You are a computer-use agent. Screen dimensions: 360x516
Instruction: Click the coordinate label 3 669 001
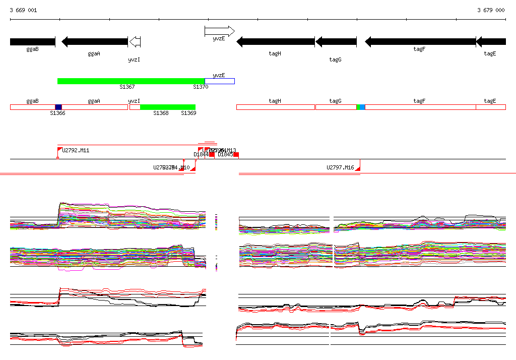click(x=23, y=10)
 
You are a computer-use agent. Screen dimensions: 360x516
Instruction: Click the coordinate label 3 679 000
click(x=491, y=10)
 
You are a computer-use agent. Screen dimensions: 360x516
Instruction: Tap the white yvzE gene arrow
click(x=220, y=31)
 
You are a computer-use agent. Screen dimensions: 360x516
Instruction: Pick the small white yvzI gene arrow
click(x=135, y=42)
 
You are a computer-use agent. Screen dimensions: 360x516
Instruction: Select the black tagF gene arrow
click(x=420, y=42)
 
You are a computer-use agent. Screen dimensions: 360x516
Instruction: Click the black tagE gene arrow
click(x=491, y=42)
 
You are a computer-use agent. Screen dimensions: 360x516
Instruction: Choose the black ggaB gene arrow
click(x=32, y=42)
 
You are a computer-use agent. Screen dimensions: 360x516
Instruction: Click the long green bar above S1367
click(x=131, y=81)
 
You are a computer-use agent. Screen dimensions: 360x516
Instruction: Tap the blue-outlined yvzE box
click(x=220, y=81)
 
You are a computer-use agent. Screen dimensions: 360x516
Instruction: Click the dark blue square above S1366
click(x=58, y=107)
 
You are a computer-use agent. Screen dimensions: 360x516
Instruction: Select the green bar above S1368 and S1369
click(x=167, y=107)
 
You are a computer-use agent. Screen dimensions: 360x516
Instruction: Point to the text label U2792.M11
click(x=76, y=150)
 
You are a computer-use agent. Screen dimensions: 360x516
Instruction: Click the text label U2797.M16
click(x=340, y=167)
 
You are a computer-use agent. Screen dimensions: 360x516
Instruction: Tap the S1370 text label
click(x=201, y=87)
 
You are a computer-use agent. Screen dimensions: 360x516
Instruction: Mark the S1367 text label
click(x=127, y=87)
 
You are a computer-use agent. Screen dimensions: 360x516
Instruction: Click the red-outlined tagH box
click(x=276, y=107)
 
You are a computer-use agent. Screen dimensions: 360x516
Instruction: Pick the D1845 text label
click(x=225, y=155)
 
